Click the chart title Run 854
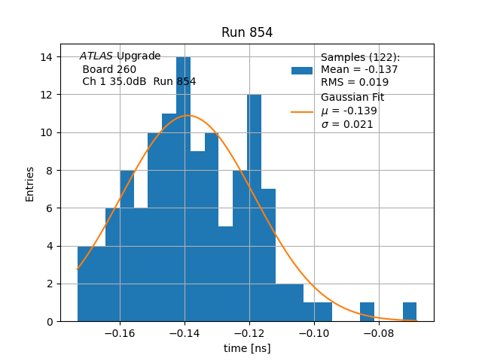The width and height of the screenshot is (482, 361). tap(247, 32)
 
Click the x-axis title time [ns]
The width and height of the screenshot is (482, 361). tap(247, 348)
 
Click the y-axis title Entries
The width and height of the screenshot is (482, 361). tap(30, 184)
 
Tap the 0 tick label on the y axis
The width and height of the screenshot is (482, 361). tap(50, 322)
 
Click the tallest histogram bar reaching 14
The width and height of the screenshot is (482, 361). tap(183, 188)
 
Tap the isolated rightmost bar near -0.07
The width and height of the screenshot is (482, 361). tap(410, 312)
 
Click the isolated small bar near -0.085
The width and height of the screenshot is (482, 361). tap(367, 312)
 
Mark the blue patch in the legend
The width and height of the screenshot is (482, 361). tap(302, 70)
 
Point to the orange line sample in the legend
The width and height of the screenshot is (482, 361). tap(302, 112)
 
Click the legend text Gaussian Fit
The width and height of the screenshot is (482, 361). tap(352, 98)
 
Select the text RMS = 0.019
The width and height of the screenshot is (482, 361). tap(355, 82)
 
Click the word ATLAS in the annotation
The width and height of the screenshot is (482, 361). tap(96, 56)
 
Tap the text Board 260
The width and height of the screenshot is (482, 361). tap(110, 69)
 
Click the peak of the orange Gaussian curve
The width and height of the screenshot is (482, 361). tap(188, 116)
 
